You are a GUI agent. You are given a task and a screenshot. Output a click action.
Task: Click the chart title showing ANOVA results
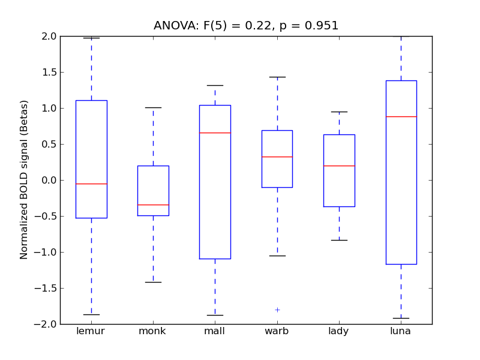246,26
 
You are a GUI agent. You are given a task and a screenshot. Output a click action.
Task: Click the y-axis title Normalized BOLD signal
24,180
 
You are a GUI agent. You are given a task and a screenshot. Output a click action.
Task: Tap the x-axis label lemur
91,331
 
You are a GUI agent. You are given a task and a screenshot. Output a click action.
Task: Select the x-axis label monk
153,331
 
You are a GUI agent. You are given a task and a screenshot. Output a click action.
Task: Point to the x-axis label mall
215,331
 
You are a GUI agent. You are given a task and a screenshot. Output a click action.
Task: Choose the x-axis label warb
277,331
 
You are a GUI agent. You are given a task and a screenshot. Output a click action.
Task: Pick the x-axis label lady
339,331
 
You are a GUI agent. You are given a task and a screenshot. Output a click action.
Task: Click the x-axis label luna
401,331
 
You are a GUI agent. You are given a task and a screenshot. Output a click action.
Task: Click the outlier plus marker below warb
277,310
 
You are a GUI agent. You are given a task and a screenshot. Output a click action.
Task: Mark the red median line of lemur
91,184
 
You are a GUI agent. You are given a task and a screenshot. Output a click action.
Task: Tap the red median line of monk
153,205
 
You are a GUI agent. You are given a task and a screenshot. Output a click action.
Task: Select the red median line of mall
215,133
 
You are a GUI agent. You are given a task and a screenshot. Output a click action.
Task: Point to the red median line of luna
401,116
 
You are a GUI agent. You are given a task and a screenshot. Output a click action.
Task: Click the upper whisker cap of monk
153,107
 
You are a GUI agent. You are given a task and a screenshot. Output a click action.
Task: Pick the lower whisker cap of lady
339,240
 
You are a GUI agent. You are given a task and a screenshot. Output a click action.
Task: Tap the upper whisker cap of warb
277,77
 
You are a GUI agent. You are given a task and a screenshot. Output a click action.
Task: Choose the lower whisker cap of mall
215,315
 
